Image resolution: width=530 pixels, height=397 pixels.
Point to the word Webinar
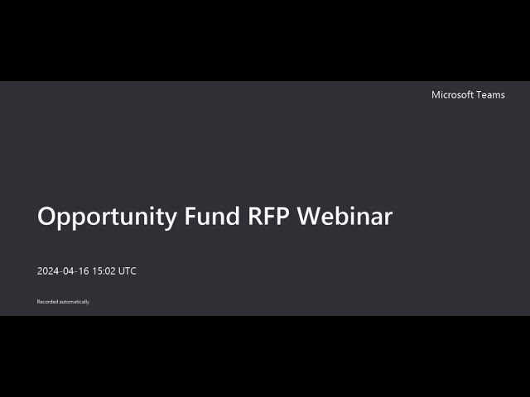344,216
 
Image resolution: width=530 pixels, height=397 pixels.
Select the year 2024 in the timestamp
47,271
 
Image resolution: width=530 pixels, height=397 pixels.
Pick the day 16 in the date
84,271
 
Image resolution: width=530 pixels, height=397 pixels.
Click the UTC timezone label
127,271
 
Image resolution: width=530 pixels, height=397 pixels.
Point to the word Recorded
48,302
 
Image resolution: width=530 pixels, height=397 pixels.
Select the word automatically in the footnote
75,302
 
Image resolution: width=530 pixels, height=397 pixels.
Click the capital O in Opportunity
46,216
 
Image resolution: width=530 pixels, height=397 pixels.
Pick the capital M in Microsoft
436,95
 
